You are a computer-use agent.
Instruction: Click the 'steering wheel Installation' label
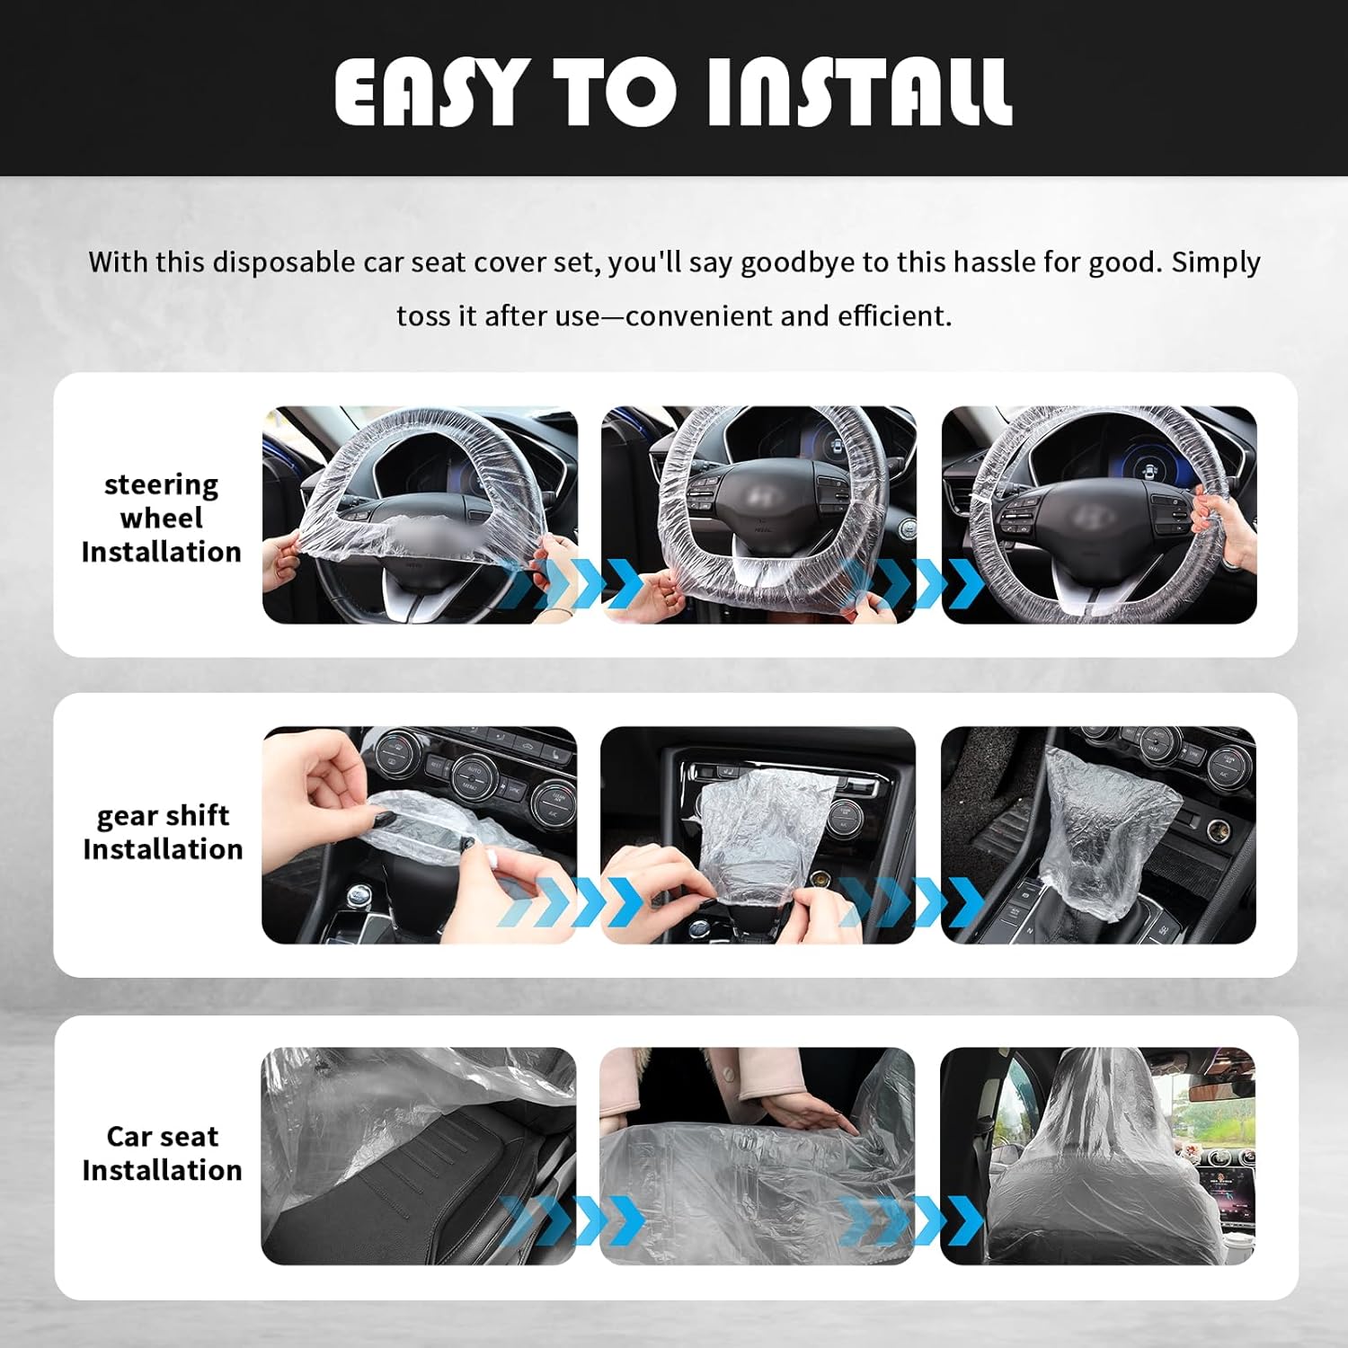pyautogui.click(x=162, y=518)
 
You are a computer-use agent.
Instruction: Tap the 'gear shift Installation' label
pyautogui.click(x=163, y=832)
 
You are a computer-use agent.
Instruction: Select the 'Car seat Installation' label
pyautogui.click(x=163, y=1153)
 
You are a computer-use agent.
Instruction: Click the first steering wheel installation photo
pyautogui.click(x=420, y=514)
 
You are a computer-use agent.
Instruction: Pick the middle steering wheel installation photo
pyautogui.click(x=758, y=514)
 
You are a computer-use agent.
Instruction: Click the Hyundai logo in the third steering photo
pyautogui.click(x=1091, y=519)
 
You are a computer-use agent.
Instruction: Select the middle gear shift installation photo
pyautogui.click(x=758, y=835)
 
